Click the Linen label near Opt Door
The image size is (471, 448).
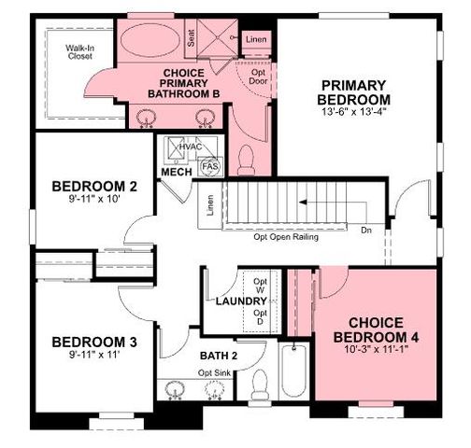[257, 39]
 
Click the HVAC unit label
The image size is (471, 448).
[191, 147]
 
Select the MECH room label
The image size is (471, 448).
[177, 173]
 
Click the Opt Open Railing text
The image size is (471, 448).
[286, 237]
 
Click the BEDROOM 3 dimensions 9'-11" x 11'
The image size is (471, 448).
[93, 355]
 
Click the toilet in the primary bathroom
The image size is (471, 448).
[247, 164]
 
